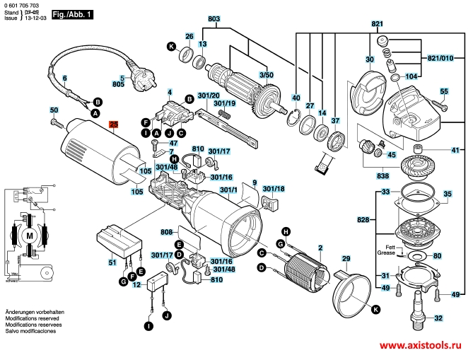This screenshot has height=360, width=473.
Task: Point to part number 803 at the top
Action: coord(214,19)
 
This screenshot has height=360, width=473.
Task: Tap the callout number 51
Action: coord(112,262)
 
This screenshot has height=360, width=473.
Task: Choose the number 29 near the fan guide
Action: coord(346,257)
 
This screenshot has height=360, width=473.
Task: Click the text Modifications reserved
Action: coord(31,320)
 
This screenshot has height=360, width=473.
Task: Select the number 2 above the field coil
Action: coord(320,248)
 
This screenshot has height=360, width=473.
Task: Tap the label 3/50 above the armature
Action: coord(267,74)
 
